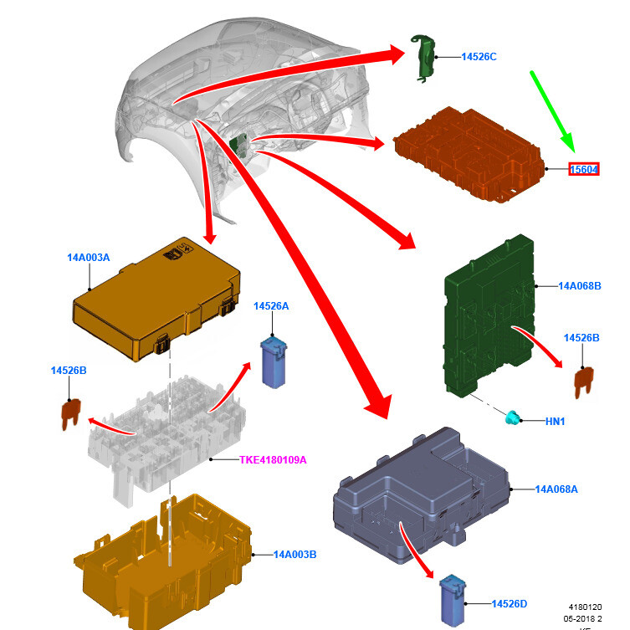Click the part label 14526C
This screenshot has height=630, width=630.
(479, 57)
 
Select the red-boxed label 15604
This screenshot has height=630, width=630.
(584, 169)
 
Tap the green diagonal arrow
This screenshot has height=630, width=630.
(553, 111)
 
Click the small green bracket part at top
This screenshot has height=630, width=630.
(423, 59)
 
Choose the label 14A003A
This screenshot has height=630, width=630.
(89, 257)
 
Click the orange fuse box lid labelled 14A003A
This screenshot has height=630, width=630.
(156, 299)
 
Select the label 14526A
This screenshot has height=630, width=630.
(271, 306)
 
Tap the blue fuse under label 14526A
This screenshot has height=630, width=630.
(274, 363)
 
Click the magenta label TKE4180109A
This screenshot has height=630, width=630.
(273, 459)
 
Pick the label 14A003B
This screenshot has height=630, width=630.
(295, 555)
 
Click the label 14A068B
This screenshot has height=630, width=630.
(580, 286)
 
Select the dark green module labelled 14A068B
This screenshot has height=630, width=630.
(489, 316)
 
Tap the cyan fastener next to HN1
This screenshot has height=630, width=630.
(512, 417)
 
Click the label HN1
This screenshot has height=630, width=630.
(555, 421)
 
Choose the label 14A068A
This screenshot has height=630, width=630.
(556, 489)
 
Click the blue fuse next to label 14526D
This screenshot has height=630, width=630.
(453, 600)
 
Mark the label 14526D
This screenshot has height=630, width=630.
(509, 604)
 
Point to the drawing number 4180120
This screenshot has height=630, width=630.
(585, 607)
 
